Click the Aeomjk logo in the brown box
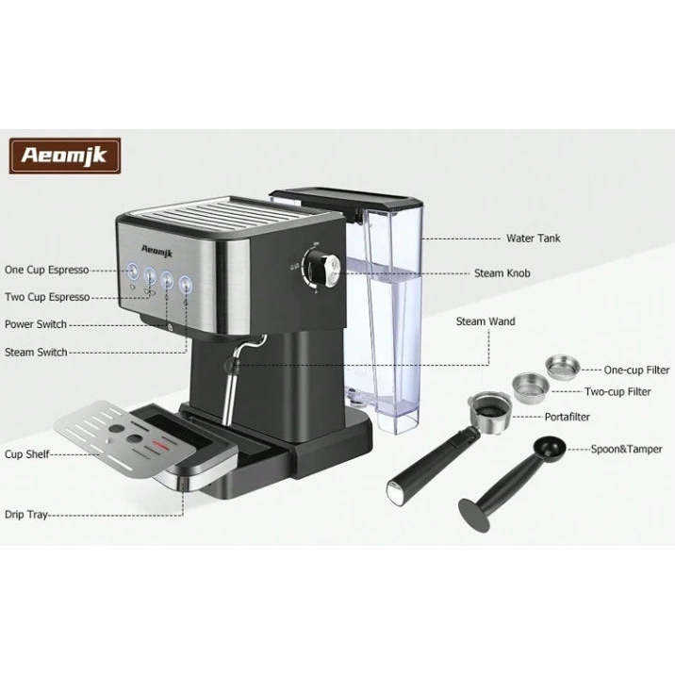point(65,156)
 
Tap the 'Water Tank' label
point(533,239)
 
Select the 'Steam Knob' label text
point(502,273)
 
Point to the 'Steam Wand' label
point(486,321)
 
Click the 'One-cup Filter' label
point(636,370)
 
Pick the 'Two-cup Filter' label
point(617,390)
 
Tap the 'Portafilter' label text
point(568,416)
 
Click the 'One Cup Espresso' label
point(47,270)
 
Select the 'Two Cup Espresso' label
point(47,297)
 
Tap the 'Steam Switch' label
point(36,352)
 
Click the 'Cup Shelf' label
point(27,453)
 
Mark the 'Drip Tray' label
point(25,515)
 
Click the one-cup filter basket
point(563,366)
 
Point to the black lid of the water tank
point(344,199)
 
